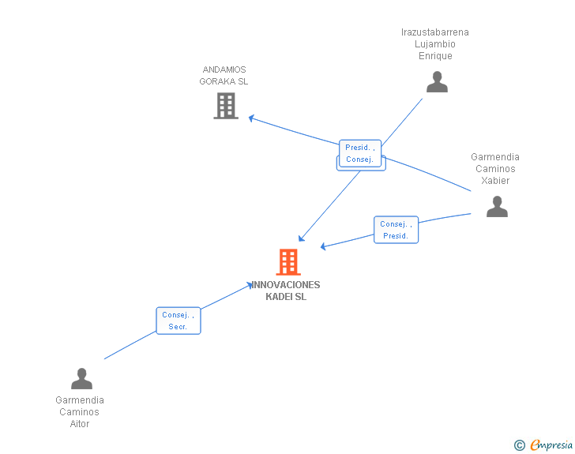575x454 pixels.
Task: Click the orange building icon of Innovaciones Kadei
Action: pyautogui.click(x=288, y=262)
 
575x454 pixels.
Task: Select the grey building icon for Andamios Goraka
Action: pyautogui.click(x=226, y=105)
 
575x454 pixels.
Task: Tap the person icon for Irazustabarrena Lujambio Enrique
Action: pyautogui.click(x=437, y=81)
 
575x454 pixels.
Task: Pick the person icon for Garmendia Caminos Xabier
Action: pyautogui.click(x=497, y=206)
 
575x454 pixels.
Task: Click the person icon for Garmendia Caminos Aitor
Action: pyautogui.click(x=81, y=379)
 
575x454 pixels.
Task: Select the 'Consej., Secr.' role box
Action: pyautogui.click(x=179, y=321)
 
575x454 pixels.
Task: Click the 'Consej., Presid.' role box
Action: pyautogui.click(x=396, y=230)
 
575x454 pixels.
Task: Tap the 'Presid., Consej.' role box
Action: pyautogui.click(x=360, y=153)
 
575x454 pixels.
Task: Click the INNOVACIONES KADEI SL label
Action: pyautogui.click(x=286, y=291)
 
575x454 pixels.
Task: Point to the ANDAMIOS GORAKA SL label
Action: pyautogui.click(x=224, y=76)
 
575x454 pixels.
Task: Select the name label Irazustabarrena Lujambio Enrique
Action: pyautogui.click(x=435, y=44)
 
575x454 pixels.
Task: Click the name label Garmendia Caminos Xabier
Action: pyautogui.click(x=495, y=169)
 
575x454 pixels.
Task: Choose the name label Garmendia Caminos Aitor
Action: pyautogui.click(x=80, y=412)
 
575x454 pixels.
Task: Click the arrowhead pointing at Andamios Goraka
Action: pyautogui.click(x=250, y=118)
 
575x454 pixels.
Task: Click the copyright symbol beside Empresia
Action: pyautogui.click(x=519, y=445)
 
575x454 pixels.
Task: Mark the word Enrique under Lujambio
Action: pyautogui.click(x=435, y=56)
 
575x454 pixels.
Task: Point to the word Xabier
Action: pyautogui.click(x=495, y=181)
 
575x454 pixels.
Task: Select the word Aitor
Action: pyautogui.click(x=80, y=424)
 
